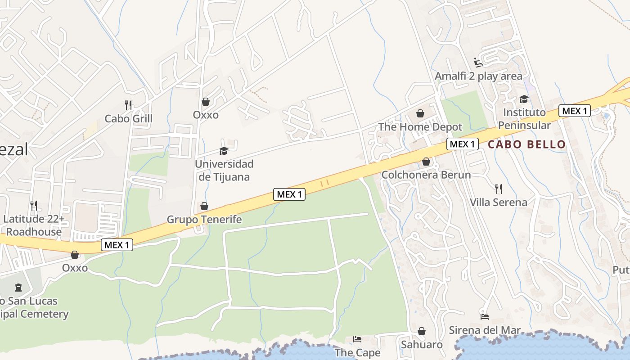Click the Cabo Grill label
pos(128,119)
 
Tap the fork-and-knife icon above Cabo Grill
pos(128,105)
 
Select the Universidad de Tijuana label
pos(224,170)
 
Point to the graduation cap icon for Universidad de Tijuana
pos(224,151)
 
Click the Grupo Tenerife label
pos(204,220)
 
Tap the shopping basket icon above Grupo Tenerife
pos(204,206)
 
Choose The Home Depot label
pos(420,127)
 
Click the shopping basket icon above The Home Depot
pos(420,113)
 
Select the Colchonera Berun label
pos(426,175)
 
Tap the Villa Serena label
pos(498,202)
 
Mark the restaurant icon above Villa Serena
pos(498,189)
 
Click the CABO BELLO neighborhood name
pos(526,144)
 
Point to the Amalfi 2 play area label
pos(478,76)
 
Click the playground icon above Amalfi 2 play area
pos(478,63)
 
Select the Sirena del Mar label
pos(485,330)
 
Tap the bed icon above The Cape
pos(357,339)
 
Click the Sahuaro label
pos(422,345)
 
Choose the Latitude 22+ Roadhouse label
pos(34,225)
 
